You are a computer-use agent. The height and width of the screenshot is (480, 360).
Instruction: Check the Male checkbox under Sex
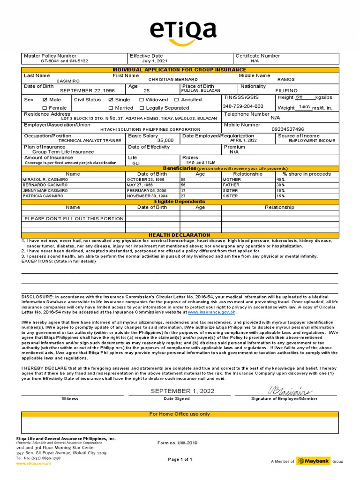click(45, 100)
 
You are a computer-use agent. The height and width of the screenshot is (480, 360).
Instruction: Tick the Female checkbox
click(45, 108)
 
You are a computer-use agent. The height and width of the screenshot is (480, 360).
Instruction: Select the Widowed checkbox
click(142, 100)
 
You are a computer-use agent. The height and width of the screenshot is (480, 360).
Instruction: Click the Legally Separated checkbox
click(142, 108)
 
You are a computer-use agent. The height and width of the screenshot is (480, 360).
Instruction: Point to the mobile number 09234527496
click(288, 129)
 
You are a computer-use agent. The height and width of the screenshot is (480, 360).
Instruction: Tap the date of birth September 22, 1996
click(87, 90)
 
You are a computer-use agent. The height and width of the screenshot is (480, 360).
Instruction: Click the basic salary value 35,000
click(165, 140)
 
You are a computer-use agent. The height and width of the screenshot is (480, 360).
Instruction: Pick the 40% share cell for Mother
click(280, 180)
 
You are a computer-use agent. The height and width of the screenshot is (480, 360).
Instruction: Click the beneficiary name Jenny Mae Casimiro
click(45, 191)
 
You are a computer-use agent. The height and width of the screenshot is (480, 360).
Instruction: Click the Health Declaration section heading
click(180, 235)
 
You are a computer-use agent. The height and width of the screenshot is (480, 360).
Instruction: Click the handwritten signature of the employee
click(290, 390)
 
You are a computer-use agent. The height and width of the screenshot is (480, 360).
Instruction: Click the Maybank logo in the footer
click(312, 461)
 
